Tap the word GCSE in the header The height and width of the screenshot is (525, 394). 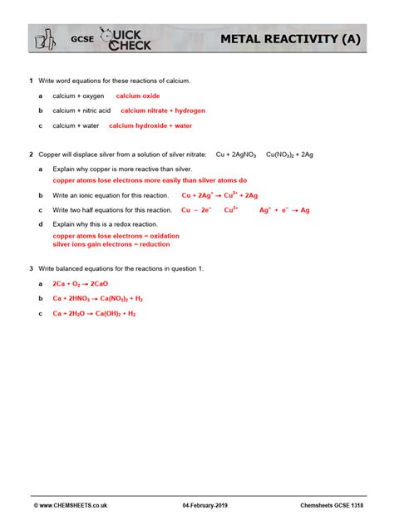coord(81,39)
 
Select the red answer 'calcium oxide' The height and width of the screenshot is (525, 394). coord(138,96)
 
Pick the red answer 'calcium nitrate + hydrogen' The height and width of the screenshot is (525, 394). coord(163,110)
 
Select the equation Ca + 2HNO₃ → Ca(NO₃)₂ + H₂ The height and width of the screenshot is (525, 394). coord(98,298)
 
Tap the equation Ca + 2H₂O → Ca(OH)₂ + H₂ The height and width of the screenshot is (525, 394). coord(94,313)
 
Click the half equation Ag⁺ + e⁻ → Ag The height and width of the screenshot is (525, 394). coord(284,210)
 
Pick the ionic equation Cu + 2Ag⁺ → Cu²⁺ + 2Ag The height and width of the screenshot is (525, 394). coord(219,195)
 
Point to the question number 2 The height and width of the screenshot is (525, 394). coord(31,154)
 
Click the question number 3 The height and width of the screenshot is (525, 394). coord(31,268)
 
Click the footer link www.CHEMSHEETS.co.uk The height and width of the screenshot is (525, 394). coord(70,505)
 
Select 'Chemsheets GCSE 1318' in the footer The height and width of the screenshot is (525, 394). coord(331,505)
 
